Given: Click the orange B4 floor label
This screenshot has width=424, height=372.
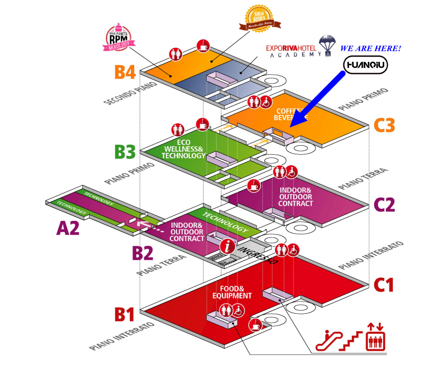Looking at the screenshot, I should click(126, 72).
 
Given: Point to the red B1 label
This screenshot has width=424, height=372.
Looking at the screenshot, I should click(126, 314).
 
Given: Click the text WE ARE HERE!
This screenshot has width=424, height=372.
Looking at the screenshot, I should click(370, 48).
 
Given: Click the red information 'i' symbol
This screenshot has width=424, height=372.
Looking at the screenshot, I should click(228, 245).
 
